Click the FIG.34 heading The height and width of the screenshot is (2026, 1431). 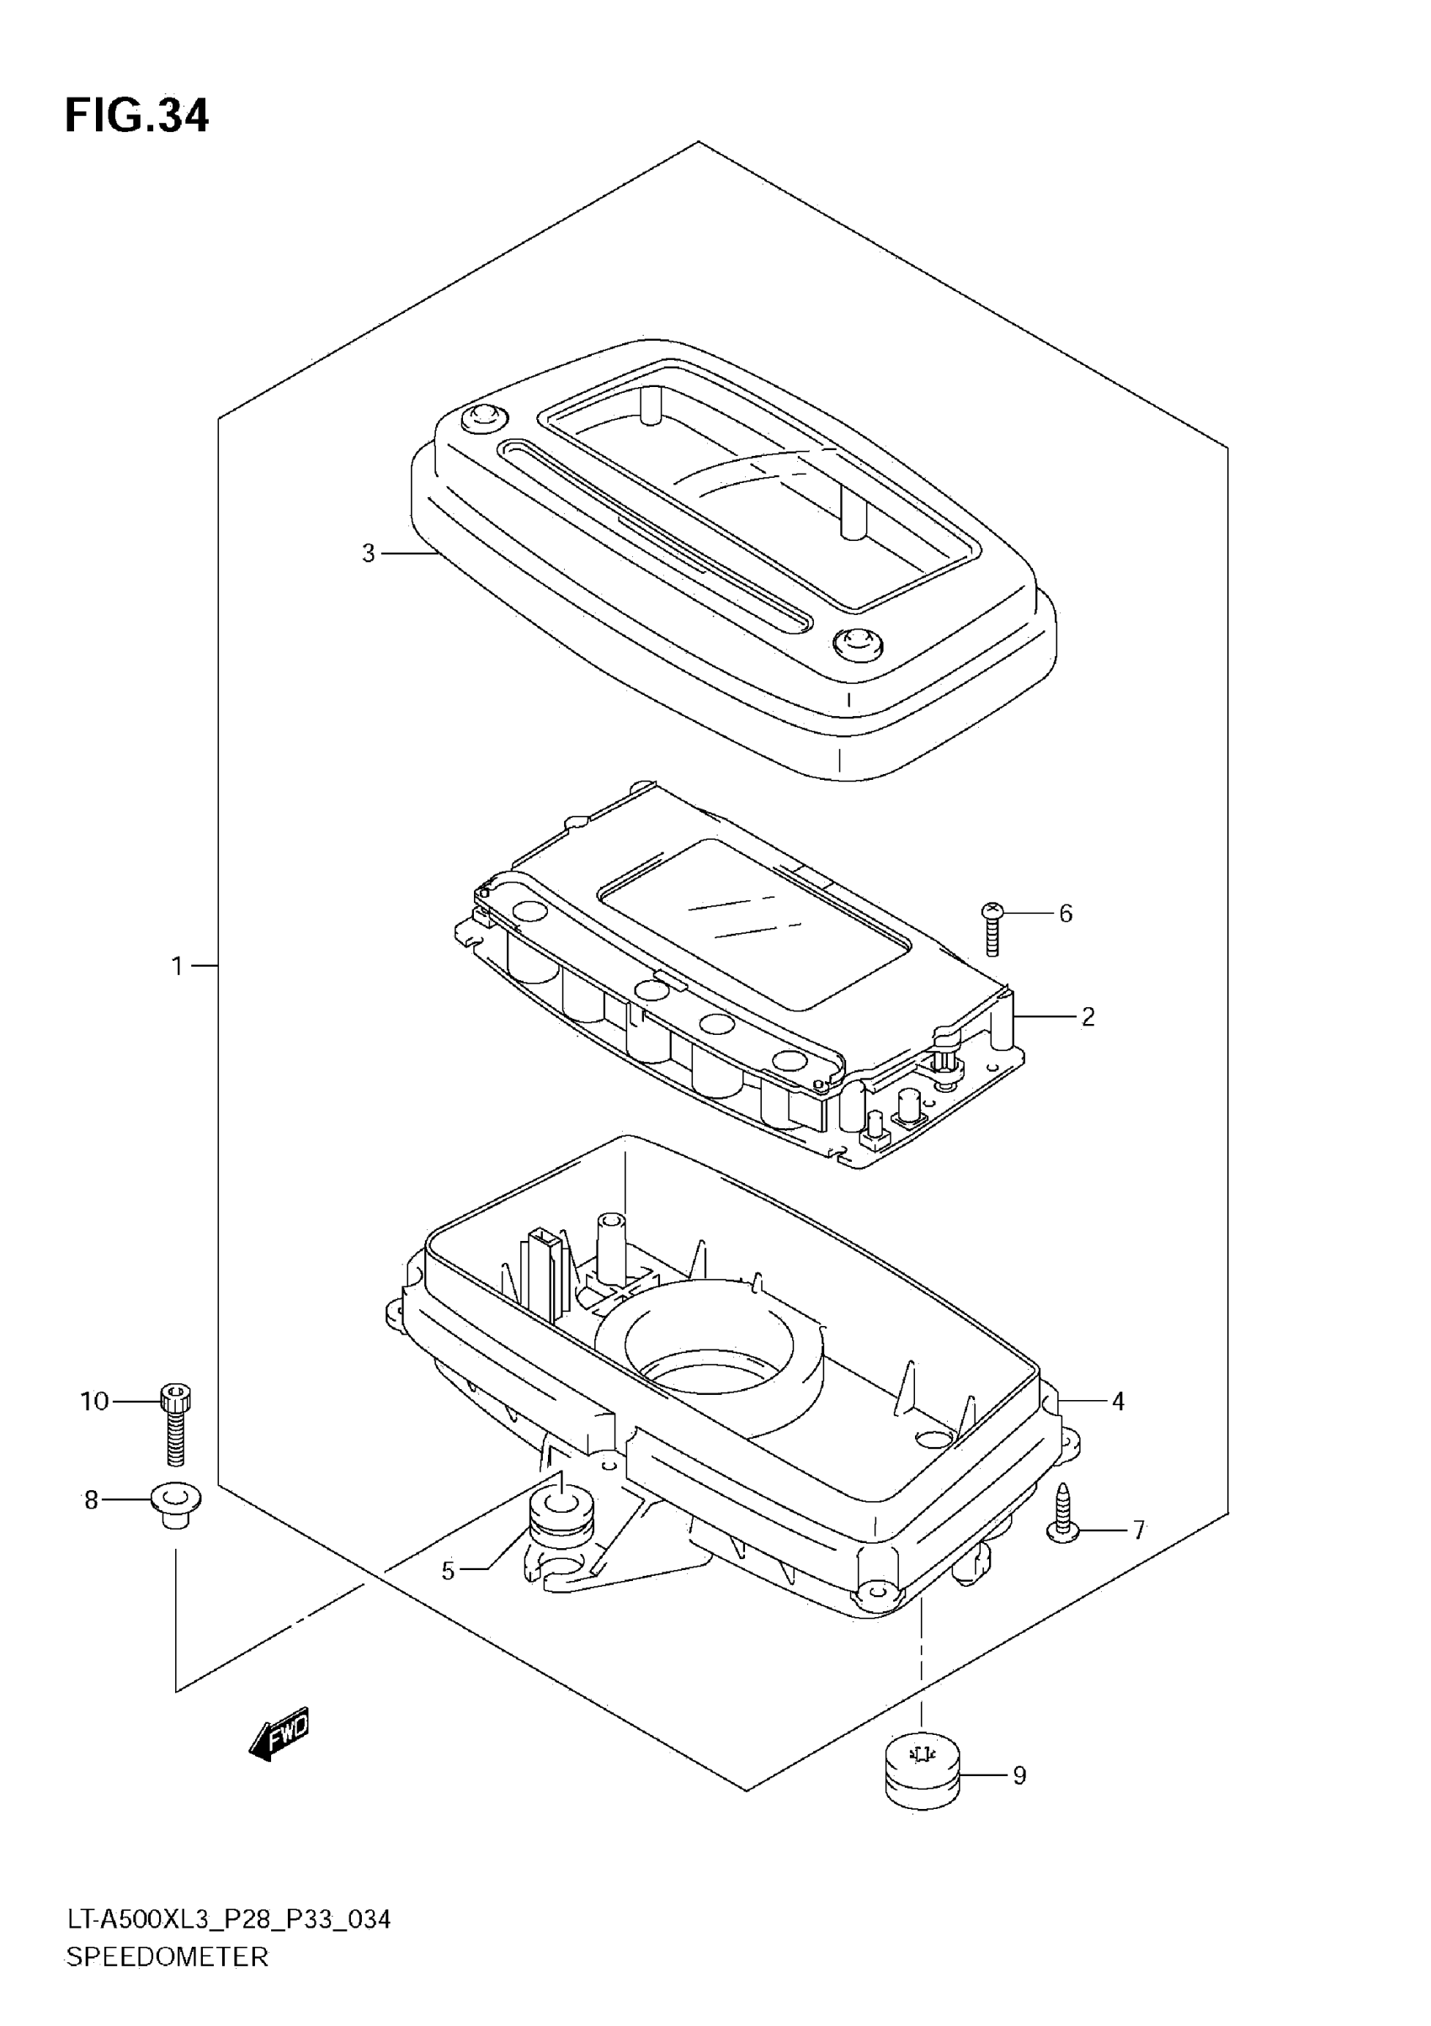point(137,115)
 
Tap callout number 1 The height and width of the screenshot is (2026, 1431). point(178,966)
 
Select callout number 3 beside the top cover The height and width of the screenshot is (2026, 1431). point(368,554)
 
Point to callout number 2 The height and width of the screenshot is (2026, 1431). point(1088,1016)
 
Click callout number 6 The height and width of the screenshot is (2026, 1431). point(1066,913)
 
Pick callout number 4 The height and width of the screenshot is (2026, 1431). point(1118,1400)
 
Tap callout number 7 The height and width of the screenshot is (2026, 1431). point(1139,1530)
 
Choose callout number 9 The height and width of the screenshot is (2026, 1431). point(1019,1775)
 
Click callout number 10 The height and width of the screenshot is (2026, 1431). point(94,1401)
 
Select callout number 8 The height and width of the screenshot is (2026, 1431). point(91,1500)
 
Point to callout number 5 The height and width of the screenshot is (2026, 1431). point(448,1571)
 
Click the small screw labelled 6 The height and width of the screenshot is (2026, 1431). point(993,929)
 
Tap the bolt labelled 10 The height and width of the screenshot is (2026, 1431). point(176,1427)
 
